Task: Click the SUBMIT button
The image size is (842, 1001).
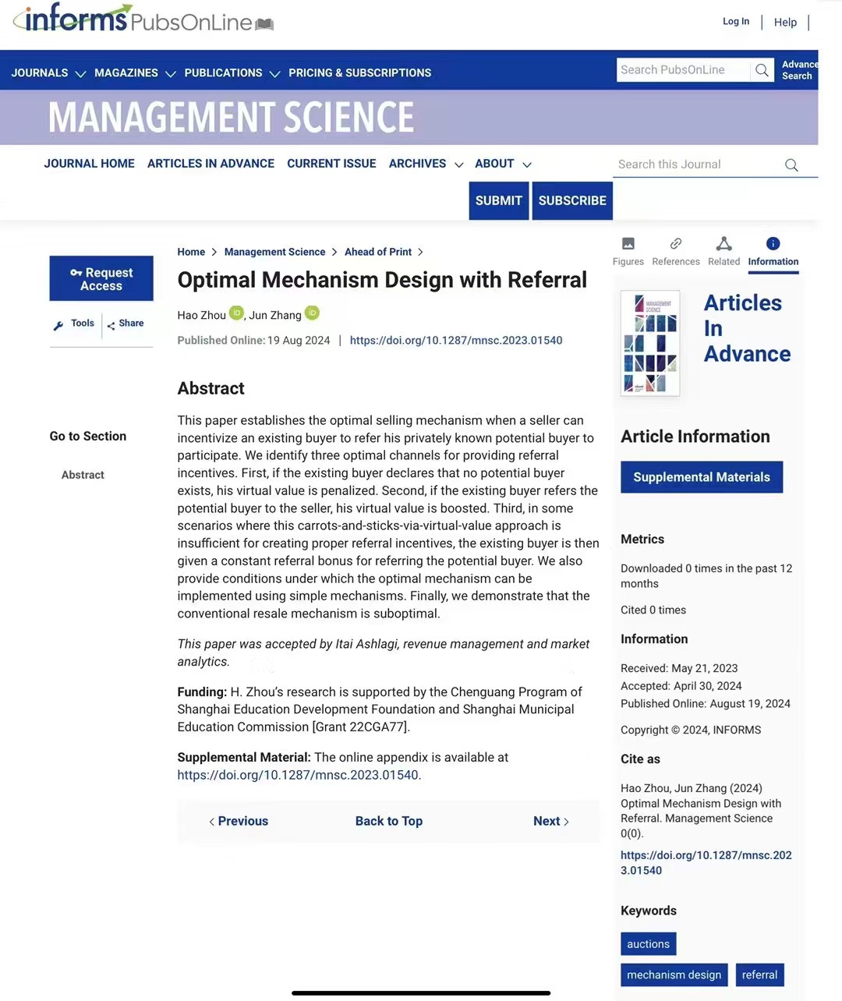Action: [498, 200]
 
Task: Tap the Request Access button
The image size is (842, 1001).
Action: [101, 278]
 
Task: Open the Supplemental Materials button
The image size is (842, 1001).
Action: [701, 477]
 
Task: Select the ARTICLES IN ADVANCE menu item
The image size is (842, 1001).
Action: [210, 164]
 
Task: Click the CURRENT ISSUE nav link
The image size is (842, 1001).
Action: [331, 164]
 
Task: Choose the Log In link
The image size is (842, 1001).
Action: [735, 22]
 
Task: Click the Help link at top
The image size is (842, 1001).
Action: [785, 22]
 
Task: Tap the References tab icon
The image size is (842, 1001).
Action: [676, 244]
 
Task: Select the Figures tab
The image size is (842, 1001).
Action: [628, 252]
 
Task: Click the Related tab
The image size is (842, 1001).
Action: [723, 252]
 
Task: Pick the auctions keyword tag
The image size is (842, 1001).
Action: [648, 943]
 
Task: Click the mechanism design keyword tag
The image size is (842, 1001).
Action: [674, 974]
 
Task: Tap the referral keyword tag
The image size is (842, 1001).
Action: [759, 974]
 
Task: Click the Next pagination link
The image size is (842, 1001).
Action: [550, 821]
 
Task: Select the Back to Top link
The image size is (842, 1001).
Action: [388, 821]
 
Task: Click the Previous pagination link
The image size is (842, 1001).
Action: [239, 821]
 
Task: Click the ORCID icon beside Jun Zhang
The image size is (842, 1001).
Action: [312, 313]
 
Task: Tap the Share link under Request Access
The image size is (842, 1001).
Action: [126, 324]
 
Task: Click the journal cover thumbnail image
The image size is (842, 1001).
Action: [650, 343]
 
